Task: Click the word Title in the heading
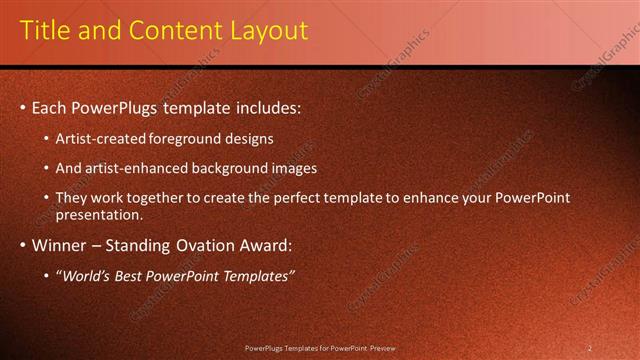[x=46, y=31]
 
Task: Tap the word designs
[x=248, y=139]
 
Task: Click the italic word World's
[x=84, y=276]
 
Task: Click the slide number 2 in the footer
[x=589, y=348]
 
